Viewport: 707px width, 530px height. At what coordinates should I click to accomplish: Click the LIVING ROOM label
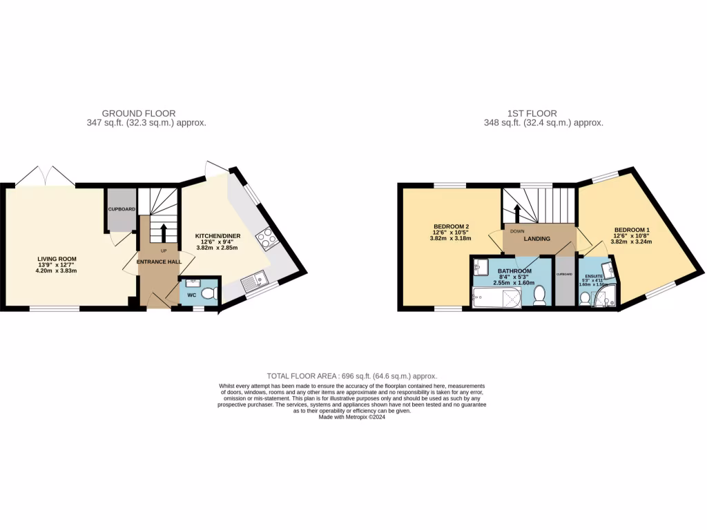pyautogui.click(x=57, y=259)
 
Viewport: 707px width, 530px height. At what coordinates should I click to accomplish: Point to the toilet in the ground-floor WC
pyautogui.click(x=210, y=293)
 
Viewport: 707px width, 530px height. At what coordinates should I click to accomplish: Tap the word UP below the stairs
pyautogui.click(x=164, y=251)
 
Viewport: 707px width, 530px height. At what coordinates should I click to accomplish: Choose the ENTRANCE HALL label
pyautogui.click(x=158, y=262)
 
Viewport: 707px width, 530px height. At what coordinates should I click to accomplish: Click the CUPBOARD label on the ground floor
pyautogui.click(x=121, y=208)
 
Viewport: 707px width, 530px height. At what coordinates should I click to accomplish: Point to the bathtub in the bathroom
pyautogui.click(x=496, y=298)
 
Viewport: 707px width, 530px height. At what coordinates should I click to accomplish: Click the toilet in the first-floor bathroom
pyautogui.click(x=541, y=295)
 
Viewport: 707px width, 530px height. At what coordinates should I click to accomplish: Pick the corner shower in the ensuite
pyautogui.click(x=608, y=297)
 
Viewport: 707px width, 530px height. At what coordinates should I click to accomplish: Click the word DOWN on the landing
pyautogui.click(x=516, y=232)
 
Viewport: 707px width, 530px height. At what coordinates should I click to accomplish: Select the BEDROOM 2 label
pyautogui.click(x=452, y=227)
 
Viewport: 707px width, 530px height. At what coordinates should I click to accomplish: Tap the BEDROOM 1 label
pyautogui.click(x=632, y=230)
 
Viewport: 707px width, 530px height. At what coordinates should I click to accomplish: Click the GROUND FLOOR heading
pyautogui.click(x=139, y=113)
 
